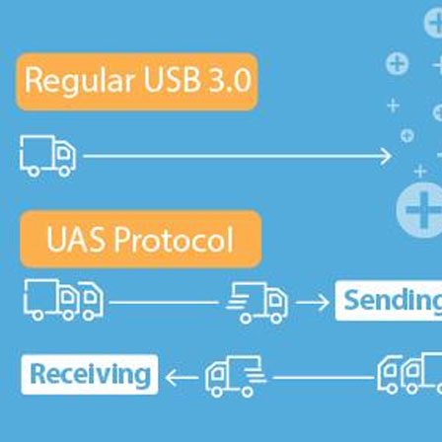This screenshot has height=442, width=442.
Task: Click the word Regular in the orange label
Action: pyautogui.click(x=80, y=81)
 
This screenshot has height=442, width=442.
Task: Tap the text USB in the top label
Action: pyautogui.click(x=172, y=79)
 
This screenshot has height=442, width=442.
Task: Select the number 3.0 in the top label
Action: pyautogui.click(x=230, y=80)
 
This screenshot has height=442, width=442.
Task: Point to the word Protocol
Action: pyautogui.click(x=174, y=239)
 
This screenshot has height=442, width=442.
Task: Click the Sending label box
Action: pyautogui.click(x=389, y=301)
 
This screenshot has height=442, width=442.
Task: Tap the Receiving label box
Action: pyautogui.click(x=90, y=374)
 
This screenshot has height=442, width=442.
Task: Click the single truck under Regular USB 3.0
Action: pyautogui.click(x=48, y=156)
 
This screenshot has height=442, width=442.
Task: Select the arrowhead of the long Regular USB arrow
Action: pyautogui.click(x=386, y=156)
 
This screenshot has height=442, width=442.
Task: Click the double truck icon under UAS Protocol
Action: pyautogui.click(x=63, y=300)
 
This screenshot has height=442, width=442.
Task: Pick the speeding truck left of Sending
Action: pyautogui.click(x=257, y=303)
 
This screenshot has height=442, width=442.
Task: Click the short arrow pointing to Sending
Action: pyautogui.click(x=313, y=303)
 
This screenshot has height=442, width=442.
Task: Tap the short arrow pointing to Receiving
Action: pyautogui.click(x=182, y=378)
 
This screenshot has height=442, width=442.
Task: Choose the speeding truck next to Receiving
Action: pyautogui.click(x=236, y=376)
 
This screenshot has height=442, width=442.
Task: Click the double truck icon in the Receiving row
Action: pyautogui.click(x=409, y=374)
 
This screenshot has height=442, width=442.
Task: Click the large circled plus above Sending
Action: pyautogui.click(x=421, y=210)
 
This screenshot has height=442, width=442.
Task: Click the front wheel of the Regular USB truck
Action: pyautogui.click(x=64, y=171)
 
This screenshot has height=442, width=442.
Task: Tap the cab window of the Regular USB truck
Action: pyautogui.click(x=63, y=153)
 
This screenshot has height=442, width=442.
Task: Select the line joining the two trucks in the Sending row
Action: pyautogui.click(x=164, y=302)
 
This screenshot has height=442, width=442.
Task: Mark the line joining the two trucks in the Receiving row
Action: pyautogui.click(x=324, y=378)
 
